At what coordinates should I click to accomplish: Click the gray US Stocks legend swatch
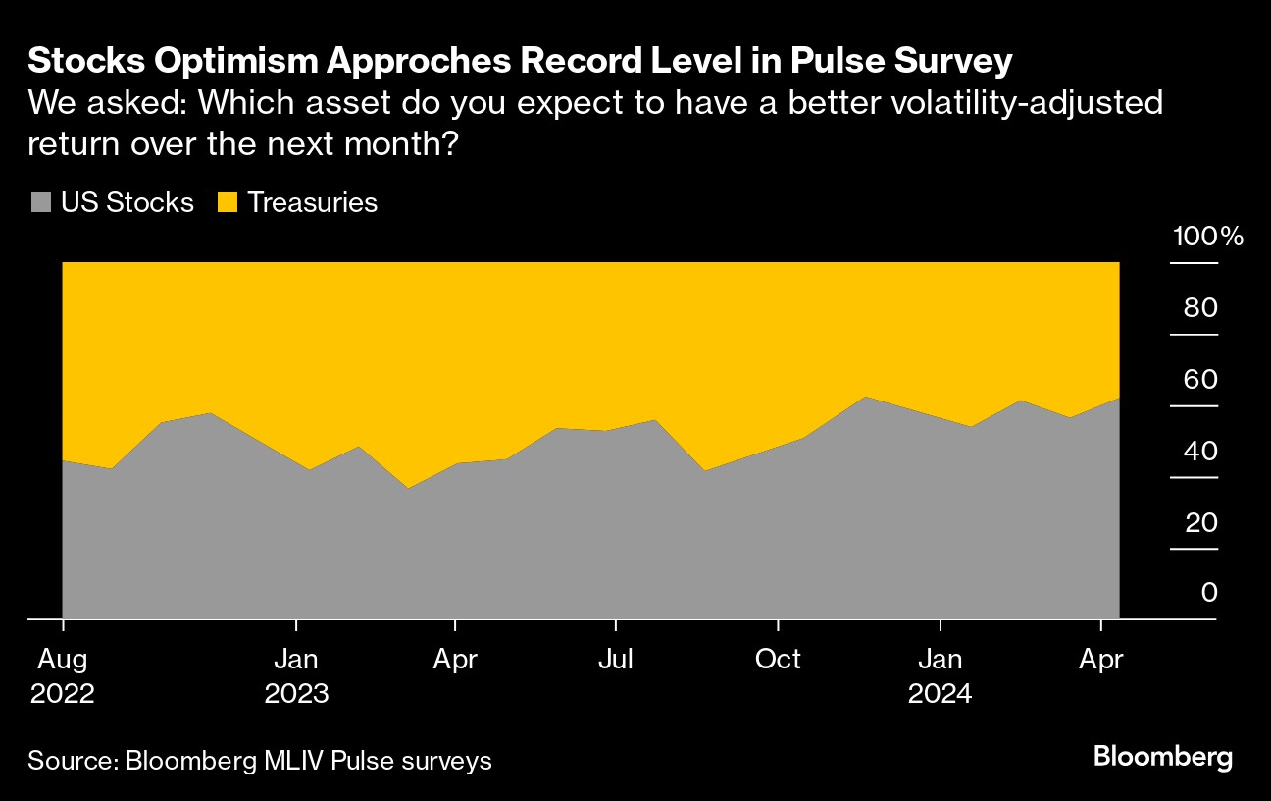point(40,203)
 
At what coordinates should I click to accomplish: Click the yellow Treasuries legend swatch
point(228,203)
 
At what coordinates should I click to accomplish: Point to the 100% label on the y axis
point(1207,237)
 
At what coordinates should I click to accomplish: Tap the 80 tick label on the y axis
point(1200,308)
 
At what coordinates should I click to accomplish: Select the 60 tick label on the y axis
point(1200,380)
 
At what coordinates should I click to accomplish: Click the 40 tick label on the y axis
point(1200,452)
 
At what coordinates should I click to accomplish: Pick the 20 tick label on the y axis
point(1200,522)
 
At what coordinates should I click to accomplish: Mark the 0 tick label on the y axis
point(1209,593)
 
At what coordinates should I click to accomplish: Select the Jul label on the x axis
point(615,659)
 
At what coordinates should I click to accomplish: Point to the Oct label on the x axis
point(778,659)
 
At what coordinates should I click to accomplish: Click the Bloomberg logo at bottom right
point(1162,757)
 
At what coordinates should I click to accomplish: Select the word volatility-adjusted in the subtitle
point(1010,103)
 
